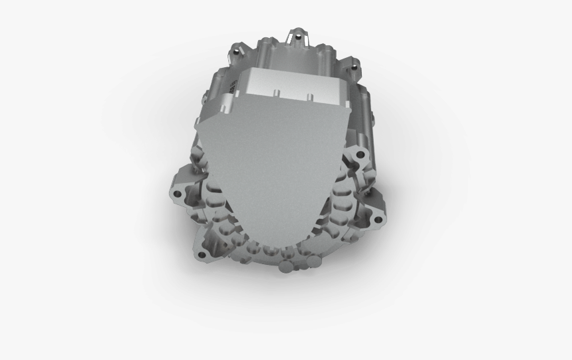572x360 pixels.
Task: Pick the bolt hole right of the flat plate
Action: pos(361,154)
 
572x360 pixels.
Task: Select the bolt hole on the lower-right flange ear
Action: pos(380,217)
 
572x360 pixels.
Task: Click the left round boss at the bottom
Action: pos(285,266)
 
